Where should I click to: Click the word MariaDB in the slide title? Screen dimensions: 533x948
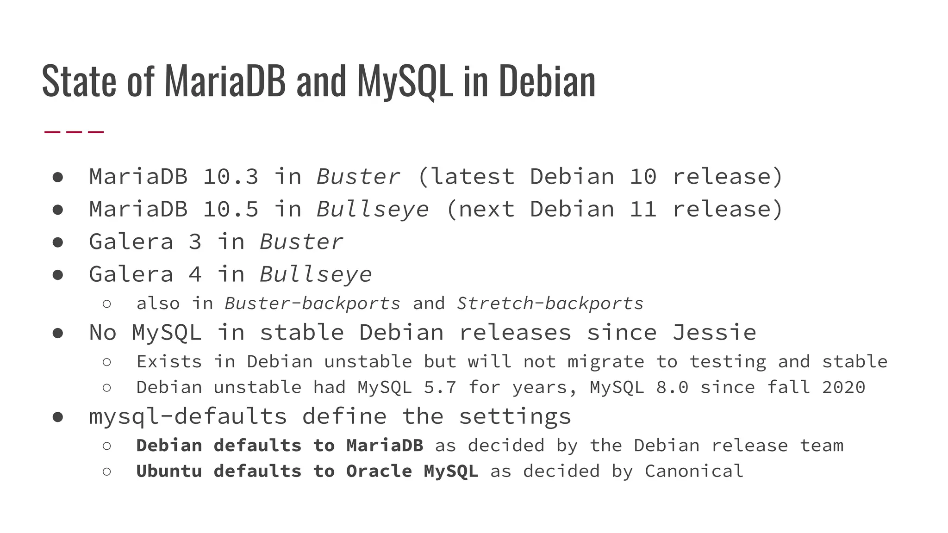(225, 81)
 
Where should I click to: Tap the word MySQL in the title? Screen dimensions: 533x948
(405, 81)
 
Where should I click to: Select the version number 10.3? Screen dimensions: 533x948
(231, 177)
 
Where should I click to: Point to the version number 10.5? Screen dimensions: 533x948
(231, 209)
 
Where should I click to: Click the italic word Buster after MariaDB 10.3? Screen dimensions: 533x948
(358, 177)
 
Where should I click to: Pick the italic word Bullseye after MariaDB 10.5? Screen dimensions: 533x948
(373, 209)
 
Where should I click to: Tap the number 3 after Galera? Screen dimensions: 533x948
(195, 242)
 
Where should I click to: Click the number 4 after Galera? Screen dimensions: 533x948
(195, 274)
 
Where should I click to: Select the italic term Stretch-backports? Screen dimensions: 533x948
(550, 304)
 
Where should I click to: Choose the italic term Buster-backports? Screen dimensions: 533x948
(312, 304)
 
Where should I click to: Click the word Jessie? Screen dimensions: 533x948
(714, 333)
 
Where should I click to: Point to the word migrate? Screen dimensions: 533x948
(605, 362)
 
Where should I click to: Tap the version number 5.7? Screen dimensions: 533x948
(440, 387)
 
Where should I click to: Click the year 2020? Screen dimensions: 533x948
(843, 387)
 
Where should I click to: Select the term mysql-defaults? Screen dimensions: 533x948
(188, 416)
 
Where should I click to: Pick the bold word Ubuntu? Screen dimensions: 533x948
(169, 471)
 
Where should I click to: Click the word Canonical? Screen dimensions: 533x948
(694, 471)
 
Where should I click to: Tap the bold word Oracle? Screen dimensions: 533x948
(379, 471)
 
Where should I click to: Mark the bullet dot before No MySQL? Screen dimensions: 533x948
(58, 333)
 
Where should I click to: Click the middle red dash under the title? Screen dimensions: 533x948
(74, 132)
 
